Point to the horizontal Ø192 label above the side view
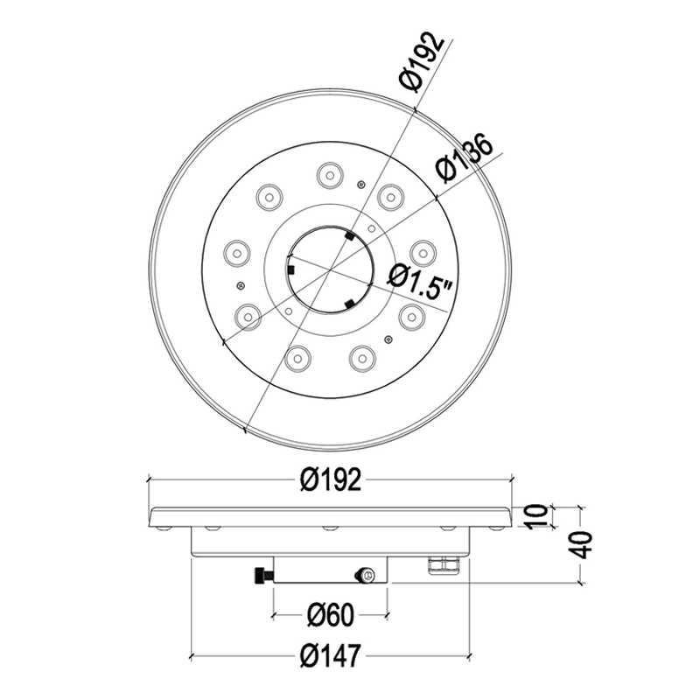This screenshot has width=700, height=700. click(x=329, y=480)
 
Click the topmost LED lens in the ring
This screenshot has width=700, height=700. click(x=330, y=174)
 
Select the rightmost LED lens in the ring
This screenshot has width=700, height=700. click(x=423, y=251)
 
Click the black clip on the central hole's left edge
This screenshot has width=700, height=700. click(x=289, y=271)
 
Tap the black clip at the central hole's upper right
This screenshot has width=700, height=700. click(x=348, y=236)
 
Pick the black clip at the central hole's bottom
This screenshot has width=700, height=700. click(x=349, y=304)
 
